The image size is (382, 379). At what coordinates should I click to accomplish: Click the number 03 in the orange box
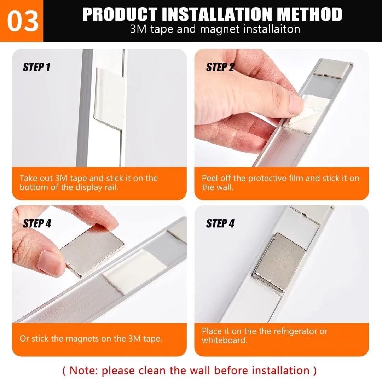[x=22, y=21]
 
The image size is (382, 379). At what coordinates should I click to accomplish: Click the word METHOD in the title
[x=309, y=14]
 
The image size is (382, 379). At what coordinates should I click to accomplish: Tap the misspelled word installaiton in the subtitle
[x=271, y=29]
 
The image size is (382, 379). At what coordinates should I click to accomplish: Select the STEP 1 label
[x=36, y=67]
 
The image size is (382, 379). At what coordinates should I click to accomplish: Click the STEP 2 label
[x=220, y=67]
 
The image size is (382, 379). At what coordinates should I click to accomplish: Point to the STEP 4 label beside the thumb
[x=37, y=223]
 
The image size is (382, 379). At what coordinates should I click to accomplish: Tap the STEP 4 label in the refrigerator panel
[x=220, y=223]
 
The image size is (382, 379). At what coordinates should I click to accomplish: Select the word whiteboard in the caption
[x=224, y=340]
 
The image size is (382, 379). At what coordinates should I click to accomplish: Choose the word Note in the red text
[x=85, y=371]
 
